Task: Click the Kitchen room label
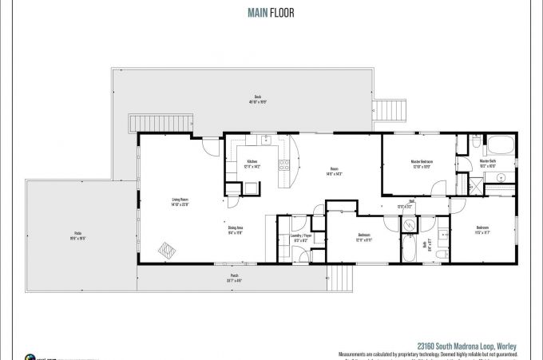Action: [x=253, y=162]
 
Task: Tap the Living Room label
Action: [x=180, y=200]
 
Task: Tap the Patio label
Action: [x=77, y=233]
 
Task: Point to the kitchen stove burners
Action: [x=283, y=165]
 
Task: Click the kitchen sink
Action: [x=267, y=141]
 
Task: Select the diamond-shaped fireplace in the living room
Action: [x=168, y=251]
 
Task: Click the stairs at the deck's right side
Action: [x=390, y=110]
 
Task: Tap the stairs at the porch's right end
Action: [x=341, y=278]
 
